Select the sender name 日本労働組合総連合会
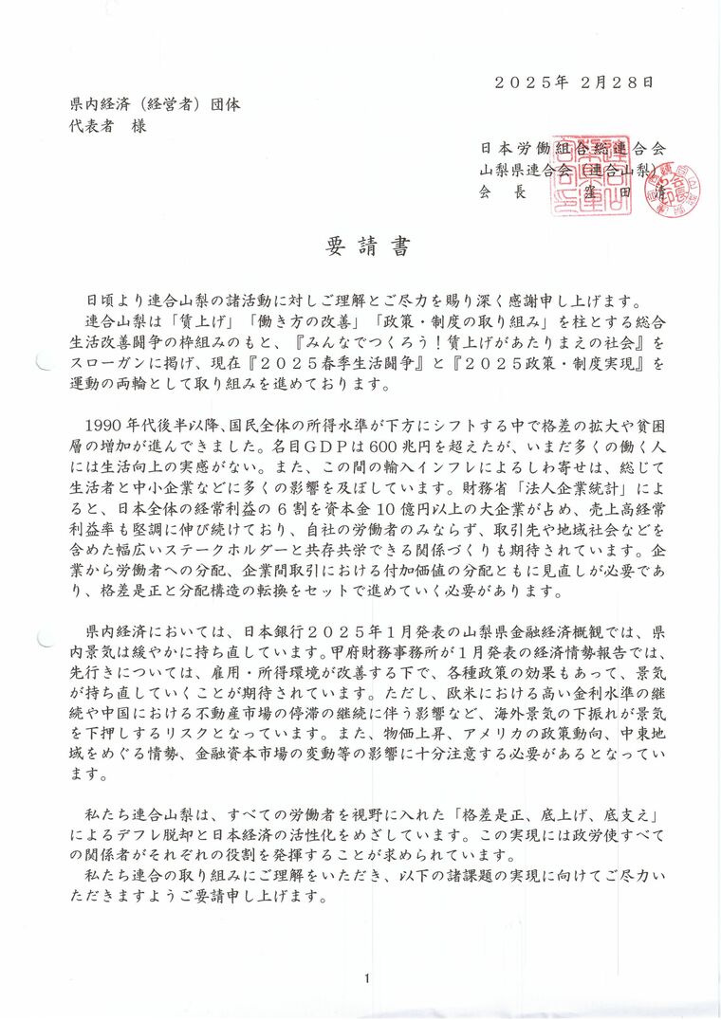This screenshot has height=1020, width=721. coord(572,149)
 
